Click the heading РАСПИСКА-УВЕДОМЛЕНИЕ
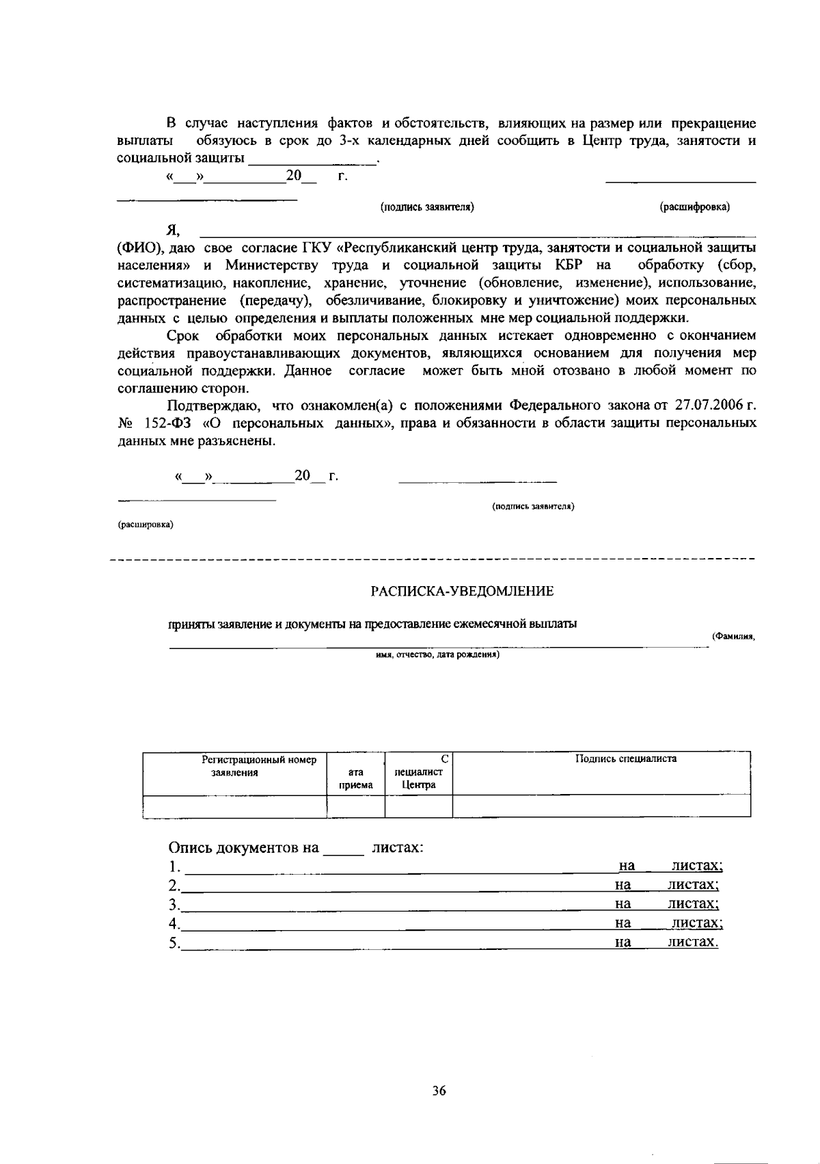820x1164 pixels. [x=462, y=591]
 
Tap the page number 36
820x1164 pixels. [x=439, y=1091]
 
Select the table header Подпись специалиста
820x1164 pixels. [x=625, y=758]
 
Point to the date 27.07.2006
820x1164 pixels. [x=707, y=405]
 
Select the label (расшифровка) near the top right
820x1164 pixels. [x=694, y=207]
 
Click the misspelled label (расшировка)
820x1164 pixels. [x=146, y=525]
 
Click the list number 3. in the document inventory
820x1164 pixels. [x=174, y=904]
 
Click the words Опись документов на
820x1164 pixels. [x=244, y=848]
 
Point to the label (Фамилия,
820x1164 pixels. [x=733, y=636]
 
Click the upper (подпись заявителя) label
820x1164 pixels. [x=427, y=207]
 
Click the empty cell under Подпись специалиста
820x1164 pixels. [x=601, y=806]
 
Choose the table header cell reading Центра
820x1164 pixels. [x=419, y=784]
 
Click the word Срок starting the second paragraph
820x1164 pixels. [x=183, y=335]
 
